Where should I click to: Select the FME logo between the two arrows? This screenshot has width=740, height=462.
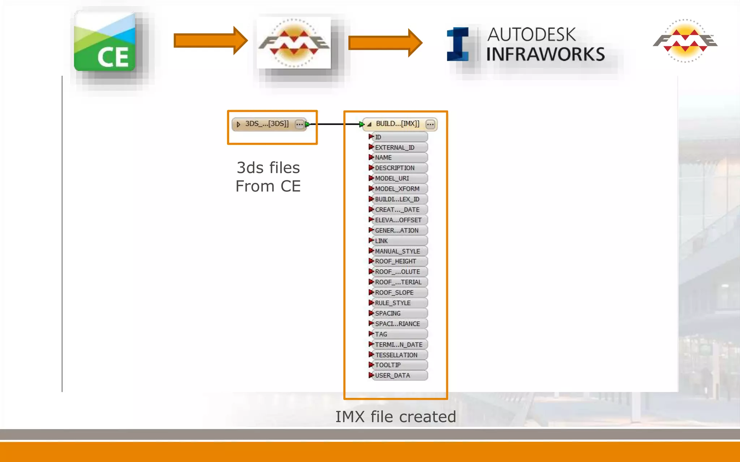pos(294,43)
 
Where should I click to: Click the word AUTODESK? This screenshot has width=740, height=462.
pos(531,35)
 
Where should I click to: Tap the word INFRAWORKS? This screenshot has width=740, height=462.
pos(545,55)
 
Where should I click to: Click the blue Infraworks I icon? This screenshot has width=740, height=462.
pos(458,44)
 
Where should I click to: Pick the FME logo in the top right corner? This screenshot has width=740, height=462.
pos(685,41)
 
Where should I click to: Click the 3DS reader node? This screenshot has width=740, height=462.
pos(267,124)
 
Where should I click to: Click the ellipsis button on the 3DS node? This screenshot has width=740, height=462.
pos(300,125)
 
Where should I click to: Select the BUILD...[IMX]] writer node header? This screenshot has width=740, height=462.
pos(397,124)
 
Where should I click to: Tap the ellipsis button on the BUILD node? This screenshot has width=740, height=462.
pos(430,125)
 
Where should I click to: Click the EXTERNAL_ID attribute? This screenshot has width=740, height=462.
pos(395,147)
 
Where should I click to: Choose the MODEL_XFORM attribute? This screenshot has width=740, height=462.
pos(397,189)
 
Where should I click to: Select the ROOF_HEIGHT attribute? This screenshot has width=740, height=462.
pos(395,261)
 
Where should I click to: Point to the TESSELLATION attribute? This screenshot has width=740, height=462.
pos(396,355)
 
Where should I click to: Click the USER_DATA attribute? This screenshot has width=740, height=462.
pos(392,376)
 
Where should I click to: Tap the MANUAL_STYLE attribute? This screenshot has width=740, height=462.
pos(397,251)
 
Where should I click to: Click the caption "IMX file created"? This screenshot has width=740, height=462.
pos(396,417)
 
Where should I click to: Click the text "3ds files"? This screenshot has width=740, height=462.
pos(268,168)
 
